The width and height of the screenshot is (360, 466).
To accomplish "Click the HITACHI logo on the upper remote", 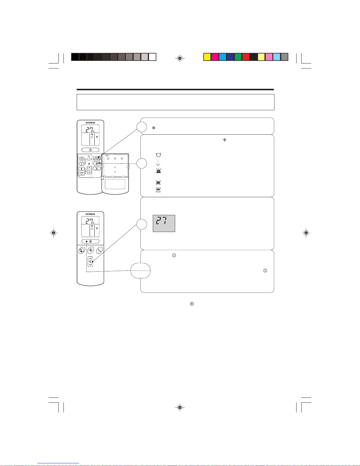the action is [90, 123].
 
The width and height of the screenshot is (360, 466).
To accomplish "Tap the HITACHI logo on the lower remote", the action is [90, 214].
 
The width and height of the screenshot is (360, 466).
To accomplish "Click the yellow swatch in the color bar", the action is [207, 57].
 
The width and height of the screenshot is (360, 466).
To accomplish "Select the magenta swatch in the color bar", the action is [215, 57].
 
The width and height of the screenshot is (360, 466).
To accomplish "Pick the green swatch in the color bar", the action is [238, 57].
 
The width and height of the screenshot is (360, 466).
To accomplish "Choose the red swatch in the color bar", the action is [246, 57].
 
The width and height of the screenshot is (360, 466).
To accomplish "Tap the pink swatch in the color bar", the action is [269, 57].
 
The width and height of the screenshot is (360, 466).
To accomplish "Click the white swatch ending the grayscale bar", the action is [152, 57].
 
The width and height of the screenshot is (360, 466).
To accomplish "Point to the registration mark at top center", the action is [180, 58].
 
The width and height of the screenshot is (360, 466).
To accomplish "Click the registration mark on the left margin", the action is [53, 233].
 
